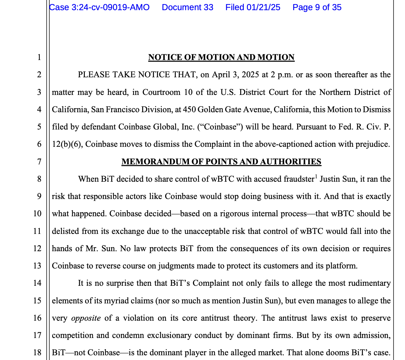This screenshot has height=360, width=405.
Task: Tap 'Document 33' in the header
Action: (x=188, y=7)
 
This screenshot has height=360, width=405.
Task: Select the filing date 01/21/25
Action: (x=264, y=7)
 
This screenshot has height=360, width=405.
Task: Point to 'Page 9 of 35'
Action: (x=317, y=7)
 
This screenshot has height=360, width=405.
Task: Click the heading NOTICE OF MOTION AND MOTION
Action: (x=221, y=57)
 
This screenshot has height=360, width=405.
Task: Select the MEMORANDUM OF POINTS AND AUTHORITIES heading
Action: (x=221, y=162)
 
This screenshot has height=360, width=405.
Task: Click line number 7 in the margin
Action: (x=39, y=162)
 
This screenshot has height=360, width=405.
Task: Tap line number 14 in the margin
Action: (x=37, y=283)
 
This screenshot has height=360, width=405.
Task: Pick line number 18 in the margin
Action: (x=37, y=353)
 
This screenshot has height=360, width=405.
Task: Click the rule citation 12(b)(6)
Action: (x=66, y=144)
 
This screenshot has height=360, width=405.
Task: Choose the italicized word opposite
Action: (x=86, y=318)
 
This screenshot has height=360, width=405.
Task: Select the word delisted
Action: (x=65, y=231)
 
